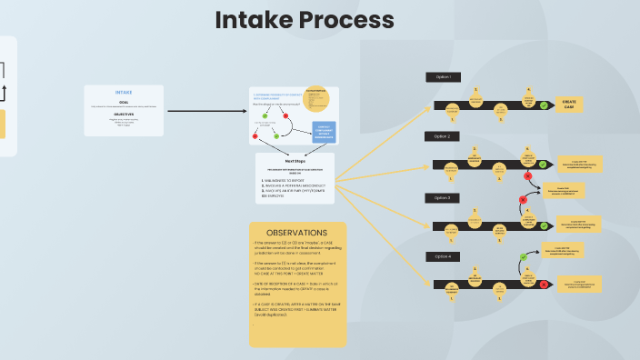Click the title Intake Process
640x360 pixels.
pyautogui.click(x=305, y=20)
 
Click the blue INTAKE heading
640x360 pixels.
pyautogui.click(x=124, y=93)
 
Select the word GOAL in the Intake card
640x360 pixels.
pyautogui.click(x=124, y=102)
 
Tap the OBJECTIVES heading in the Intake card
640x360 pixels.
pyautogui.click(x=124, y=115)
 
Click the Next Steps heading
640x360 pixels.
pyautogui.click(x=295, y=159)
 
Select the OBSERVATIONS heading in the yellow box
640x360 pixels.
pyautogui.click(x=297, y=233)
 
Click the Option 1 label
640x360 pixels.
pyautogui.click(x=443, y=77)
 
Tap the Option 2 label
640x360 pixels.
pyautogui.click(x=443, y=136)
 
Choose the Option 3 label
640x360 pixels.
pyautogui.click(x=443, y=197)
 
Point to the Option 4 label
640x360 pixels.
pyautogui.click(x=443, y=256)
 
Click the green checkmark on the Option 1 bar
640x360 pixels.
pyautogui.click(x=544, y=105)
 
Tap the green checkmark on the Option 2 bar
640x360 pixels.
pyautogui.click(x=543, y=165)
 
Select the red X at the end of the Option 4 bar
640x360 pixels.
pyautogui.click(x=543, y=285)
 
